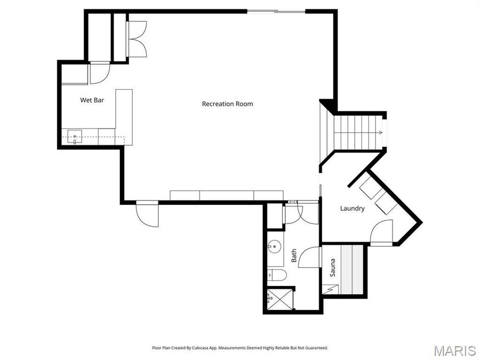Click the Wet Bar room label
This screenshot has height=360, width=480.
[x=92, y=100]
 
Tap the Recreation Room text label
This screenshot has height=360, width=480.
[x=227, y=103]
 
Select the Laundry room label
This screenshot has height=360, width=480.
[x=352, y=209]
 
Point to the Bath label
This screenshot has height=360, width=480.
[x=294, y=256]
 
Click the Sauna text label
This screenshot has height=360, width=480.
[x=332, y=268]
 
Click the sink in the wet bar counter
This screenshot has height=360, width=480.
[x=75, y=137]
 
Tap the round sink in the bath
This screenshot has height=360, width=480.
[x=275, y=247]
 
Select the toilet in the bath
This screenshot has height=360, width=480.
[x=277, y=275]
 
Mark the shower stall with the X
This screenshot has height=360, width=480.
[x=280, y=299]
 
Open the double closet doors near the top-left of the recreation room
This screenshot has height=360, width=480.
[x=137, y=39]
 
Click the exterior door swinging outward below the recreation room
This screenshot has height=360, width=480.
[x=147, y=215]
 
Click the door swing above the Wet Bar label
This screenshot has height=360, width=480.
[x=99, y=73]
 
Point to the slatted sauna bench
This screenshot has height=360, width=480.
[x=352, y=269]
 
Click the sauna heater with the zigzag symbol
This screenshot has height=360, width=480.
[x=330, y=289]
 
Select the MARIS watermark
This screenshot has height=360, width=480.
[x=454, y=350]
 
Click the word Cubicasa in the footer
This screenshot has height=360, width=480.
[x=197, y=348]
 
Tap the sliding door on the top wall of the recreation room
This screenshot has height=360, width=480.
[x=276, y=11]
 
